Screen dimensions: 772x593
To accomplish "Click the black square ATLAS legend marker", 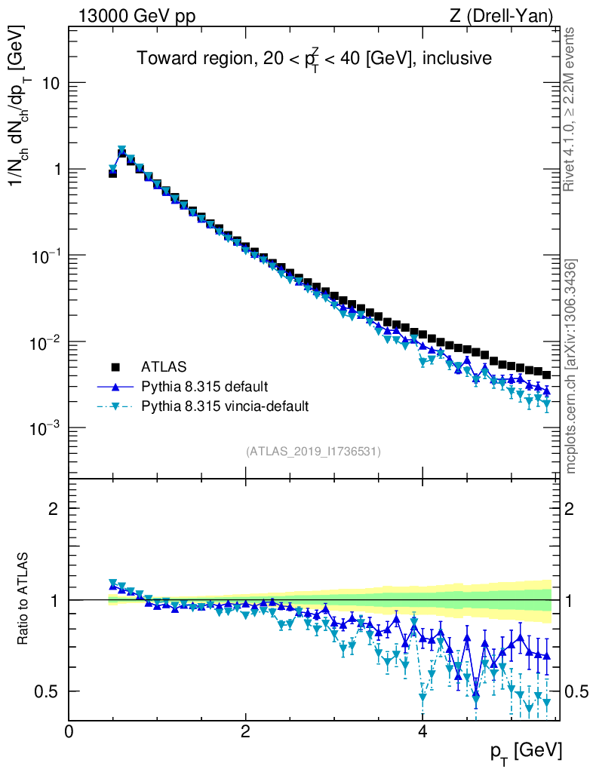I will coord(116,367).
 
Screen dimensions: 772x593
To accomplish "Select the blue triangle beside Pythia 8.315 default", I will coord(116,387).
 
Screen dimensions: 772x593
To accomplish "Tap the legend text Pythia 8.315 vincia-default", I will coord(225,406).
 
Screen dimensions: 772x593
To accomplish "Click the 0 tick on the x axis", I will coord(69,731).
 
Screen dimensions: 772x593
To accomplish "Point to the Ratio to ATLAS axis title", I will coord(24,599).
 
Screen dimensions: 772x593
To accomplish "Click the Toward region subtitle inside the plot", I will coord(314,59).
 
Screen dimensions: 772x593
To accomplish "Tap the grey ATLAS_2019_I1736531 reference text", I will coord(313,452).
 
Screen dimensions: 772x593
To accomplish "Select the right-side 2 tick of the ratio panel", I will coord(572,508).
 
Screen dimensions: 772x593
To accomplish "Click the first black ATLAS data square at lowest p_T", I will coord(112,173).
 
